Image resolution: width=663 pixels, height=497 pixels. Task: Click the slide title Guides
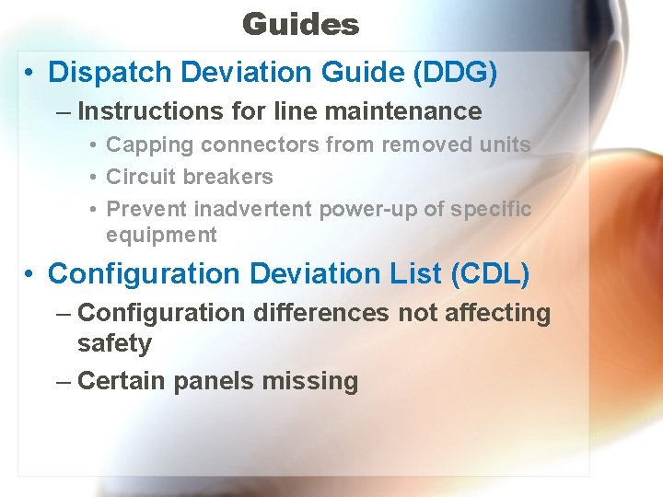pyautogui.click(x=300, y=24)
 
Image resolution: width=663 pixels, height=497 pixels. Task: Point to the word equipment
pyautogui.click(x=161, y=235)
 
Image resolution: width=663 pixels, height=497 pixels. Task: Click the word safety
pyautogui.click(x=114, y=343)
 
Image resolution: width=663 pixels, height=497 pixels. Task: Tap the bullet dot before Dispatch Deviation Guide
pyautogui.click(x=30, y=73)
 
